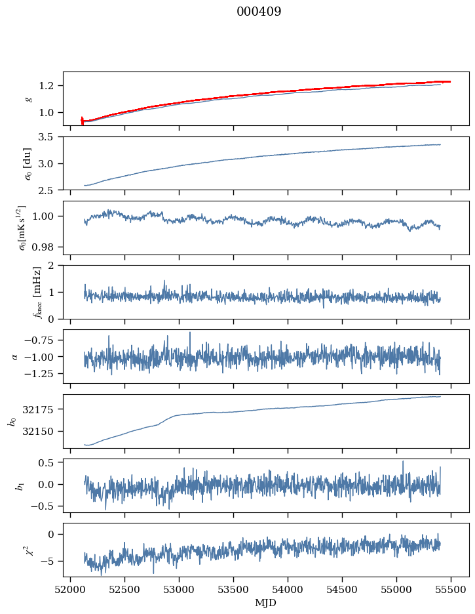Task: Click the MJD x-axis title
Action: click(x=265, y=602)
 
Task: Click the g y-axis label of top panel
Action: click(x=28, y=98)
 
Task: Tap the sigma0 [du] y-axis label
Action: click(x=28, y=163)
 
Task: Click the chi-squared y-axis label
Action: click(x=28, y=550)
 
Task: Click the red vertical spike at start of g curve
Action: click(x=82, y=120)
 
